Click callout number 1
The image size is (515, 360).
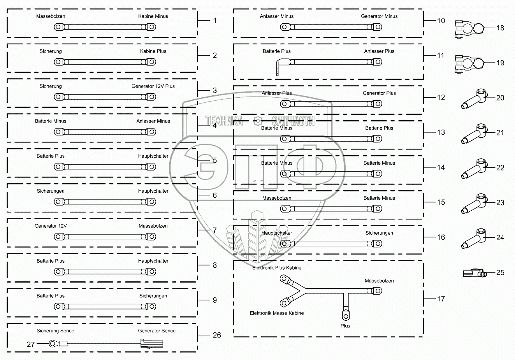pos(214,20)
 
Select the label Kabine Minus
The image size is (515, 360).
pos(153,16)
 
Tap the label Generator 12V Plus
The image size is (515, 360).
pos(153,86)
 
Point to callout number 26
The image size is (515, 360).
pos(217,335)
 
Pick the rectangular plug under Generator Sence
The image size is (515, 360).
pos(152,344)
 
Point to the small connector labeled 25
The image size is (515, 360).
pos(475,273)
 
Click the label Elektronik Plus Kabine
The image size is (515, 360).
pos(276,268)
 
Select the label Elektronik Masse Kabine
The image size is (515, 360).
pos(276,313)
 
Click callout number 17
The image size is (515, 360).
pos(441,299)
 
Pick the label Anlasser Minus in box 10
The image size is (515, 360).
pos(276,16)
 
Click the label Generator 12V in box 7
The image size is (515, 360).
pos(51,226)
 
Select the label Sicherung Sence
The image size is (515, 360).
pos(55,331)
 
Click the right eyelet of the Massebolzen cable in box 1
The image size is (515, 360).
pos(150,27)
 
